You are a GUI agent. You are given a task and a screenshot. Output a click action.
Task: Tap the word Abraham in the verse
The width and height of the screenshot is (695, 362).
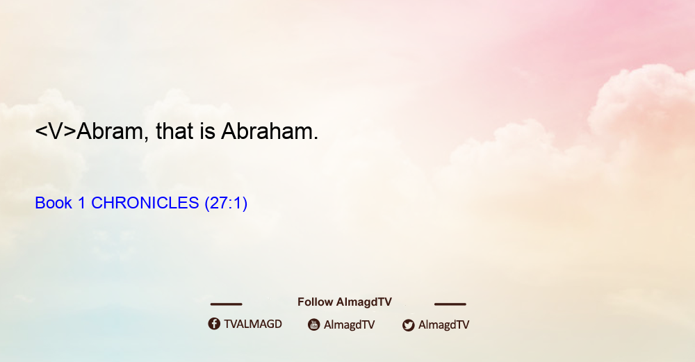point(267,131)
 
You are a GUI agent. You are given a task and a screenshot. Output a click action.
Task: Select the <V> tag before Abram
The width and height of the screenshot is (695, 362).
point(56,131)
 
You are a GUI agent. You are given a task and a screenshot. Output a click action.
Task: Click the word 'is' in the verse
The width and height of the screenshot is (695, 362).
point(207,131)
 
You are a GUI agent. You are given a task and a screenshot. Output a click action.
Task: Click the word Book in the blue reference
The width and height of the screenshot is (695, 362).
point(54,203)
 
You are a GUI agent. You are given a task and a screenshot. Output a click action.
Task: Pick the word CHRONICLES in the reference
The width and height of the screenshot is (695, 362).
point(145,203)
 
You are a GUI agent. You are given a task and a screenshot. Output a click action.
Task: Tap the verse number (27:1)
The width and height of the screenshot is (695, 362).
point(226,203)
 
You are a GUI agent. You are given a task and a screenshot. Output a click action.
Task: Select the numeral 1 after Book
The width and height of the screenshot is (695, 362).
point(81,203)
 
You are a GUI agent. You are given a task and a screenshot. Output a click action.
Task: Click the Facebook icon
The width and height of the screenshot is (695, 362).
point(214,324)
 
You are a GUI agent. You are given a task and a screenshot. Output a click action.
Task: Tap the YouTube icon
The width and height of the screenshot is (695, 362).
point(314,324)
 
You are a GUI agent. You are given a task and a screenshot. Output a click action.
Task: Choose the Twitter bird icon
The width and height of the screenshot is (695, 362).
point(409,325)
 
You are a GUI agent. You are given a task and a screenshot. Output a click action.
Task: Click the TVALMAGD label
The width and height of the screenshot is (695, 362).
point(253,324)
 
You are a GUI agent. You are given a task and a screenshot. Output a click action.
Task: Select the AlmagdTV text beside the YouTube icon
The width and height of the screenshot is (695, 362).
point(350,324)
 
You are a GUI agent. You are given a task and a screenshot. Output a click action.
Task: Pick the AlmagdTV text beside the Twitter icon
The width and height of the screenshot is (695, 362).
point(443,324)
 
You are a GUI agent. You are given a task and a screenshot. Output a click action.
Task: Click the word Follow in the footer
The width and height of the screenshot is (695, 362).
point(315,302)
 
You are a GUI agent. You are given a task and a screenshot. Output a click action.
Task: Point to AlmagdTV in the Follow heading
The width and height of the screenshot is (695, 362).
point(364,302)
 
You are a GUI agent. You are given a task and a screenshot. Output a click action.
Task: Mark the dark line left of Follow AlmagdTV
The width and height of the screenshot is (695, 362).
point(226,304)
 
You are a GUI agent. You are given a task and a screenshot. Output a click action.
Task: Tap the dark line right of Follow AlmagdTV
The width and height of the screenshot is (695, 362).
point(450,304)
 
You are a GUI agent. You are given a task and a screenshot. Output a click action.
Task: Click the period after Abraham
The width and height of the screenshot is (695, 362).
point(316,138)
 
